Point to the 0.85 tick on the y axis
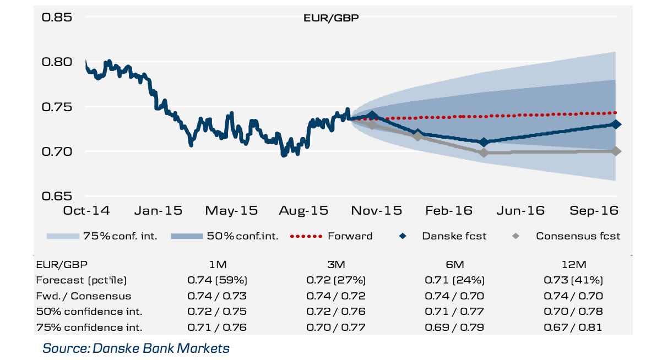57,17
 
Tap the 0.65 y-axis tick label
57,196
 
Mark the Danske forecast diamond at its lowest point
484,142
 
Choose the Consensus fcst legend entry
578,236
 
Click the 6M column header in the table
454,264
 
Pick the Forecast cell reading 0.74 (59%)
216,280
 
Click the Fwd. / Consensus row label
84,296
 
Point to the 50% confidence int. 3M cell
335,312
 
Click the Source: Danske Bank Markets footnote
135,348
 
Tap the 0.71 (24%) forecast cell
454,280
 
